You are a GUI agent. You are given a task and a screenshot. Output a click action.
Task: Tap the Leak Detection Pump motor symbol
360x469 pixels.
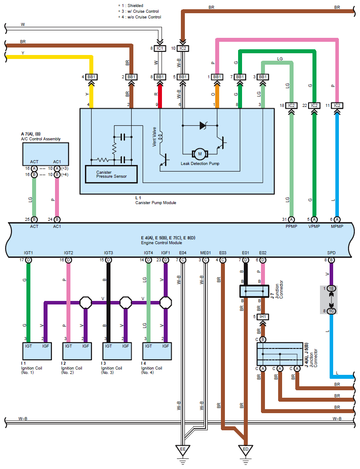[x=200, y=154]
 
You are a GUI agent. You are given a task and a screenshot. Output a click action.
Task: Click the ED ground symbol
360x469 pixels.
[x=246, y=450]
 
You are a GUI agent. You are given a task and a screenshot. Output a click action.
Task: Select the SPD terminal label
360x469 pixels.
[x=331, y=253]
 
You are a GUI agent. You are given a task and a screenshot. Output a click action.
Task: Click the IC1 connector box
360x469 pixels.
[x=160, y=48]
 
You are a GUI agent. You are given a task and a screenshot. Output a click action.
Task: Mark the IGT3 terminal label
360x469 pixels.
[x=108, y=253]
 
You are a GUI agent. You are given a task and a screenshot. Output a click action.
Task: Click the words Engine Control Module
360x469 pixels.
[x=161, y=243]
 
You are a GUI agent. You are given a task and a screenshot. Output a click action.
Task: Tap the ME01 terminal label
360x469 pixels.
[x=206, y=253]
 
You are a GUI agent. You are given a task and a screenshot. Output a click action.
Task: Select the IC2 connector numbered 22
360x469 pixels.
[x=314, y=106]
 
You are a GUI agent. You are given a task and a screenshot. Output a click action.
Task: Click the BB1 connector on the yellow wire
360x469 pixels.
[x=92, y=77]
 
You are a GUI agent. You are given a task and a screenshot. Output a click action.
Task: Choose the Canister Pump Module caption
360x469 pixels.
[x=156, y=203]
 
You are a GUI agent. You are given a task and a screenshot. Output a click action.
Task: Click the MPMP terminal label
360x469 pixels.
[x=338, y=226]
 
